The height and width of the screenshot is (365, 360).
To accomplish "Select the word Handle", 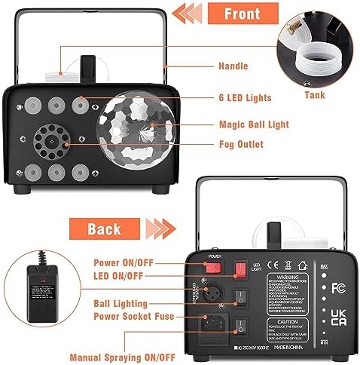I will (x=233, y=66).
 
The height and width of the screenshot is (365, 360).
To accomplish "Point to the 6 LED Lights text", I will (x=244, y=98).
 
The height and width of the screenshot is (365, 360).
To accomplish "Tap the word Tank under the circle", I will (x=315, y=96).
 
